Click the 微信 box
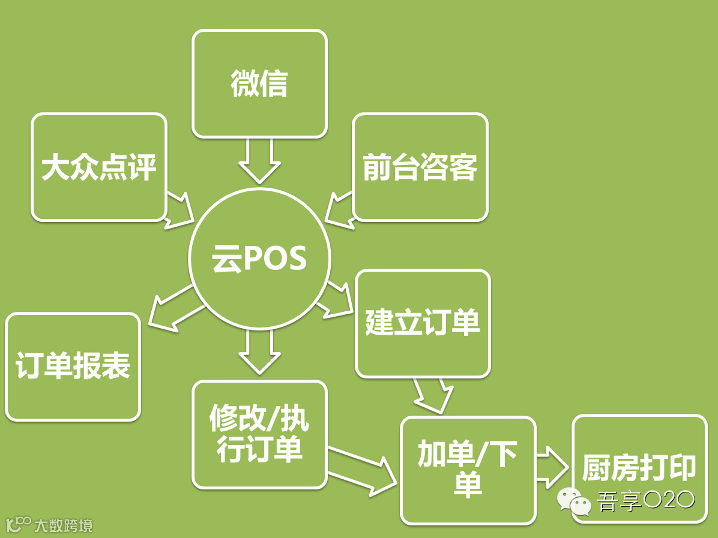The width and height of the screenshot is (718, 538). pos(259,84)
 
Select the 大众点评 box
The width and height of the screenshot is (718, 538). pos(98,167)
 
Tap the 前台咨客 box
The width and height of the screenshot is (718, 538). pos(420,167)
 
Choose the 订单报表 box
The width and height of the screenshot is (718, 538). pos(73,366)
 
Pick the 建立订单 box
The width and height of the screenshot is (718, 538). pos(423,323)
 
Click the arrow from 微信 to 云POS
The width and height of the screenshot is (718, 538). pos(259,161)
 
